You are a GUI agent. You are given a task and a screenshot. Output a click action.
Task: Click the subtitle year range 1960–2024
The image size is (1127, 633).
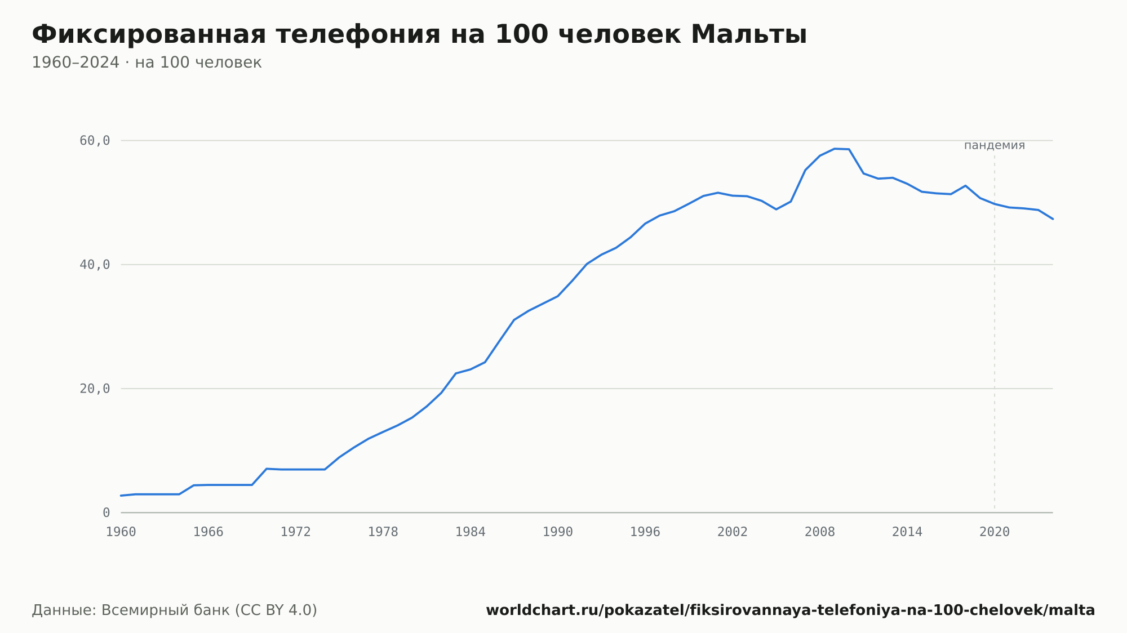(x=76, y=63)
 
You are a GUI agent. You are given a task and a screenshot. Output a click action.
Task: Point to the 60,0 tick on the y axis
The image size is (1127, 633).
(x=95, y=141)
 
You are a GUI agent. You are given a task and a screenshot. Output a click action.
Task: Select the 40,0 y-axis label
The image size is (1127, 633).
(x=95, y=265)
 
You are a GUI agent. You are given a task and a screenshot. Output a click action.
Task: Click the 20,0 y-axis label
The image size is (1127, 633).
(x=95, y=389)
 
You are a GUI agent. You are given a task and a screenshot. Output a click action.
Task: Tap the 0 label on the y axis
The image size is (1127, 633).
(x=106, y=512)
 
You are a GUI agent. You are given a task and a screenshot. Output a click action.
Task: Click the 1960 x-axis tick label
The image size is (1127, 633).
(x=121, y=532)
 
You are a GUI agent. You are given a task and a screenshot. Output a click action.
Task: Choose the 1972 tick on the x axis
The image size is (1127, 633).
(x=296, y=532)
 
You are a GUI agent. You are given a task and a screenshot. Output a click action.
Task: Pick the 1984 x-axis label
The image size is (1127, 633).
(x=471, y=532)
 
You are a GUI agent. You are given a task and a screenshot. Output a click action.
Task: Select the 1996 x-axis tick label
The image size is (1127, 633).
(x=645, y=532)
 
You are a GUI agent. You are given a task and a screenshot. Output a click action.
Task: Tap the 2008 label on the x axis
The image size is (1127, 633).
(x=820, y=532)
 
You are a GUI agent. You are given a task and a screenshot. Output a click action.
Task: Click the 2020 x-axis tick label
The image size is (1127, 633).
(x=995, y=532)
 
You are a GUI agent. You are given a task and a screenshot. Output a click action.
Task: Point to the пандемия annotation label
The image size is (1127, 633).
(x=995, y=145)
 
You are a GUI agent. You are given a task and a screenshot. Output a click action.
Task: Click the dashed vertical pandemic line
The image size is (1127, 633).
(x=995, y=332)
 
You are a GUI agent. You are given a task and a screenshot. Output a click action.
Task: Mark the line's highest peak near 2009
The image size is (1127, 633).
(x=835, y=149)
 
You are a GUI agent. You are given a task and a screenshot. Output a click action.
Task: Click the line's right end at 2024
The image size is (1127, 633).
(x=1053, y=219)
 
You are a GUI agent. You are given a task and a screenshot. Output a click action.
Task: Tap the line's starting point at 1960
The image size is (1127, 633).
(x=121, y=496)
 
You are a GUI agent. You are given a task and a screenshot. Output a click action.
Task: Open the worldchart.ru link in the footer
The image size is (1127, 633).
(x=791, y=610)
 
